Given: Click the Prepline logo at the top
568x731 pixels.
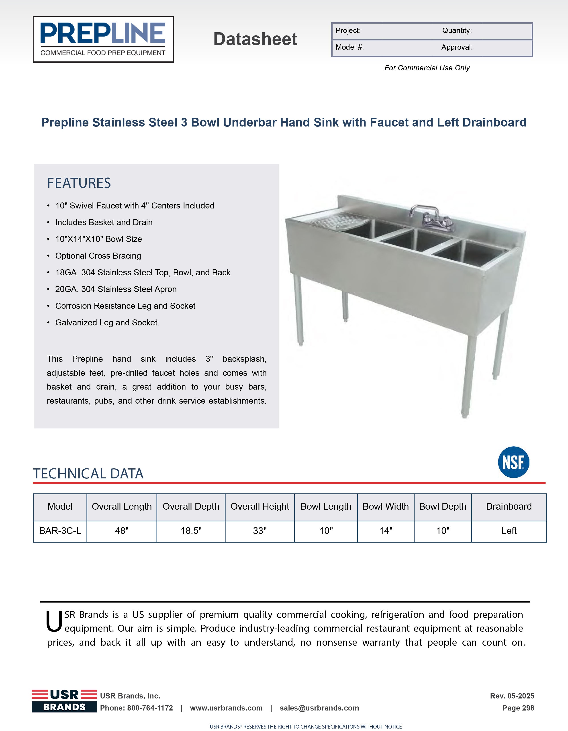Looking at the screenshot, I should click(x=103, y=39).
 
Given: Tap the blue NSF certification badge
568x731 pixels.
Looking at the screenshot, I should click(x=513, y=462).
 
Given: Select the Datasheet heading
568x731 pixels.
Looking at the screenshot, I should click(x=255, y=39).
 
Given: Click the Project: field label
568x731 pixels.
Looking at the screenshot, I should click(x=348, y=31).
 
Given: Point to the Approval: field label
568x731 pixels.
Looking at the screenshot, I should click(x=457, y=47).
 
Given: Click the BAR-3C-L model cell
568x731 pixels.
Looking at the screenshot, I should click(x=60, y=531).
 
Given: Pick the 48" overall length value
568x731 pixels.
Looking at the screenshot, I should click(x=122, y=531).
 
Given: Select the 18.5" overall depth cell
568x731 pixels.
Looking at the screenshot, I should click(x=191, y=531).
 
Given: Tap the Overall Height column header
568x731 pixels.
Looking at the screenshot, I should click(x=260, y=506).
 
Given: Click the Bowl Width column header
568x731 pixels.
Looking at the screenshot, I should click(x=386, y=506).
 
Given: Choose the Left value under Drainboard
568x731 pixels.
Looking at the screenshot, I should click(x=509, y=531).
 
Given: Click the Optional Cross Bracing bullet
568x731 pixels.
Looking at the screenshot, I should click(x=98, y=256).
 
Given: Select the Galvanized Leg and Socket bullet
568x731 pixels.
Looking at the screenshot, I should click(x=106, y=323).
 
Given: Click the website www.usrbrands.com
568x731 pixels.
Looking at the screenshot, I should click(x=226, y=708).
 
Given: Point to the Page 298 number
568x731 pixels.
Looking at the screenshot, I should click(x=518, y=708).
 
